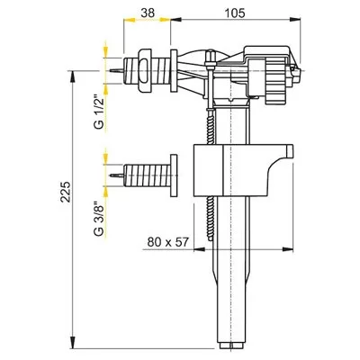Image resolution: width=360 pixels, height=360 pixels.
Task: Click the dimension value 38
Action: pyautogui.click(x=148, y=13)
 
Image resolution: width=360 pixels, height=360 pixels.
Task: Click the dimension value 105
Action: pyautogui.click(x=235, y=13)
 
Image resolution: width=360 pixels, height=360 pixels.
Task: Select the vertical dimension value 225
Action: pyautogui.click(x=66, y=192)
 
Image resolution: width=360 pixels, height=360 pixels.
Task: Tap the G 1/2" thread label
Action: pyautogui.click(x=99, y=112)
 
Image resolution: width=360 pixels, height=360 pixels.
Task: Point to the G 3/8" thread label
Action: pyautogui.click(x=99, y=217)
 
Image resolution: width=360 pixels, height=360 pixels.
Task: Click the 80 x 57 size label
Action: pyautogui.click(x=168, y=242)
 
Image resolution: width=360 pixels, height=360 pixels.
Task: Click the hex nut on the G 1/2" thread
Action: pyautogui.click(x=145, y=71)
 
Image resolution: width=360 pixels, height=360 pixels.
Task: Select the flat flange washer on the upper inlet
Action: pyautogui.click(x=174, y=71)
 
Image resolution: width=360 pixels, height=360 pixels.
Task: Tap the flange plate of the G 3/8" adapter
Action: pyautogui.click(x=174, y=175)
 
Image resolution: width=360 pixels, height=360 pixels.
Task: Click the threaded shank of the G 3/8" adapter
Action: pyautogui.click(x=147, y=175)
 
